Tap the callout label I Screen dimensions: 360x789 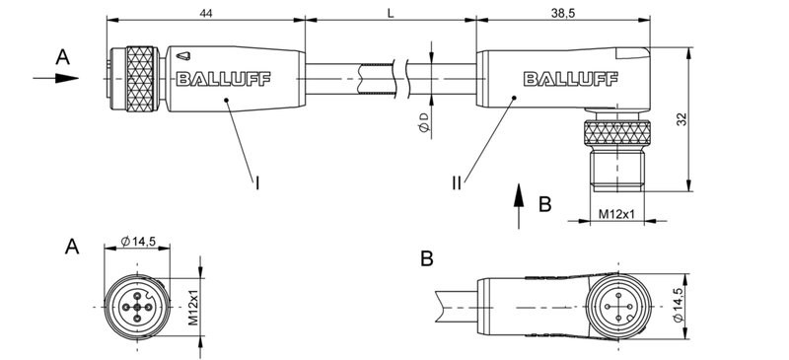point(257,181)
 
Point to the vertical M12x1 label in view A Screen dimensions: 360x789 point(194,307)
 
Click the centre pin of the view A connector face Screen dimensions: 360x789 point(136,307)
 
